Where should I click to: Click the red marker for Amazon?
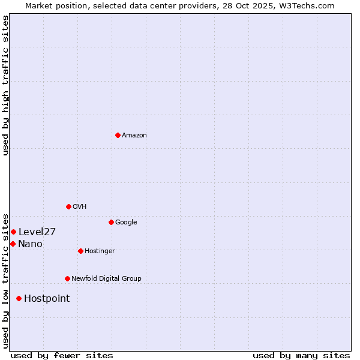pyautogui.click(x=118, y=135)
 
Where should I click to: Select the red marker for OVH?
pyautogui.click(x=68, y=206)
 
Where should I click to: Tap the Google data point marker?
pyautogui.click(x=111, y=222)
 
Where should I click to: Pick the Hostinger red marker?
pyautogui.click(x=80, y=251)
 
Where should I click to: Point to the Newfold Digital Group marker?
pyautogui.click(x=67, y=278)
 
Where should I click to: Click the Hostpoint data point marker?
pyautogui.click(x=19, y=298)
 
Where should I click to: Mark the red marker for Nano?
pyautogui.click(x=13, y=244)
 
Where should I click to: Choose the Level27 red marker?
pyautogui.click(x=13, y=232)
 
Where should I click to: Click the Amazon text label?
pyautogui.click(x=134, y=136)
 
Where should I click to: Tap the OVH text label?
pyautogui.click(x=80, y=207)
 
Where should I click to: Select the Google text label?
pyautogui.click(x=126, y=223)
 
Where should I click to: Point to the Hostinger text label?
pyautogui.click(x=100, y=251)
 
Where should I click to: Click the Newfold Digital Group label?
pyautogui.click(x=106, y=279)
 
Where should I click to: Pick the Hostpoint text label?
pyautogui.click(x=47, y=299)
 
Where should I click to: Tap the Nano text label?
pyautogui.click(x=30, y=244)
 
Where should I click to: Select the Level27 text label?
pyautogui.click(x=37, y=232)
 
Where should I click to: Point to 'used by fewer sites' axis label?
pyautogui.click(x=62, y=355)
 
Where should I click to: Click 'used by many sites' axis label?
pyautogui.click(x=301, y=355)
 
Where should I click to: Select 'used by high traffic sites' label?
pyautogui.click(x=5, y=85)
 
